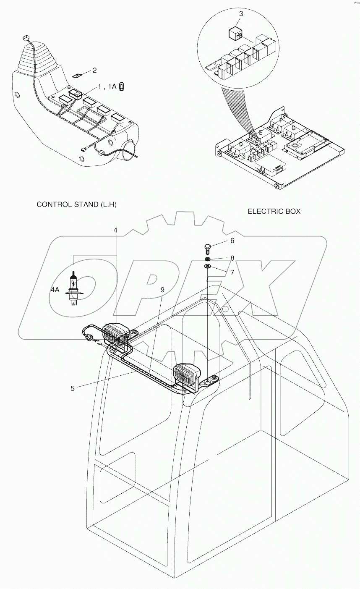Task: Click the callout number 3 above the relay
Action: [240, 14]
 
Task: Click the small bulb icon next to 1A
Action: [121, 86]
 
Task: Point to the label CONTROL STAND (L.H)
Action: [76, 204]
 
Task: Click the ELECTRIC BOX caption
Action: [274, 211]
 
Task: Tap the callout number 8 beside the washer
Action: [232, 258]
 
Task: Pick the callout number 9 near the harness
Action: [162, 289]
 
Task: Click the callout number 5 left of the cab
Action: [73, 388]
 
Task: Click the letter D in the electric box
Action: [240, 145]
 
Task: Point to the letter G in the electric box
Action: [293, 128]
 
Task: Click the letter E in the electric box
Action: [261, 133]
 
